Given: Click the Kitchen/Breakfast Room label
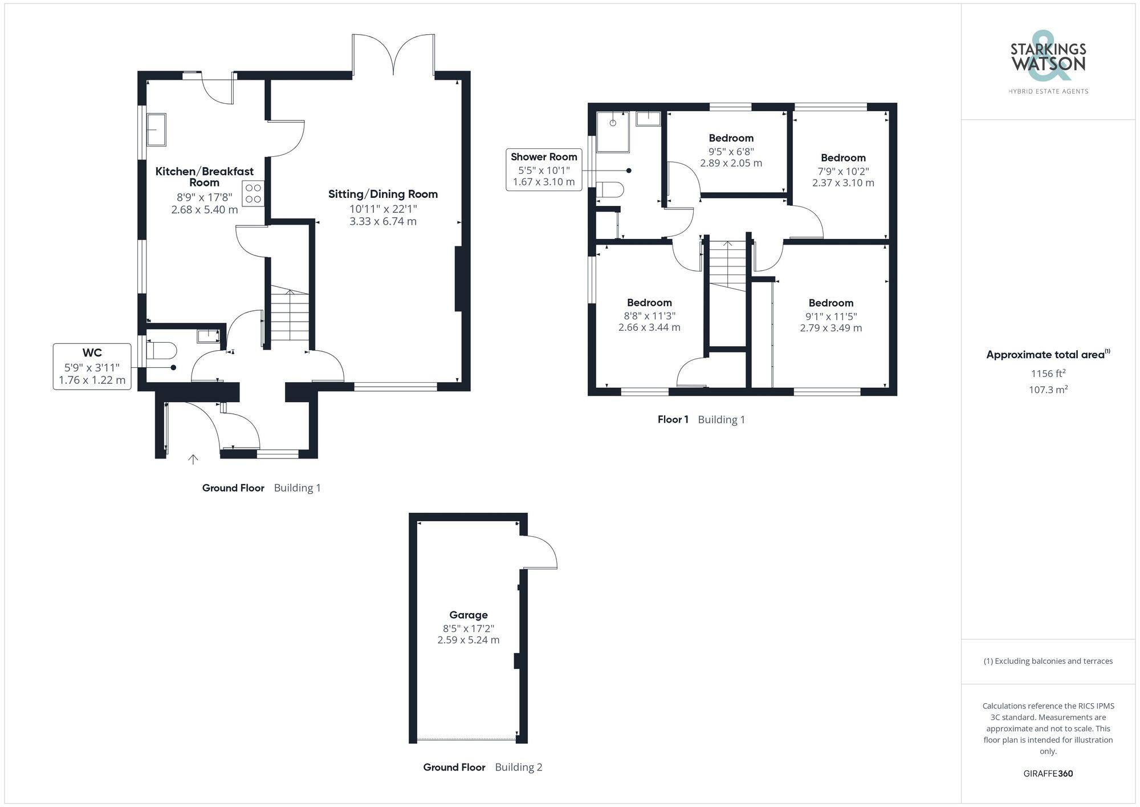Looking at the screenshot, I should click(204, 176).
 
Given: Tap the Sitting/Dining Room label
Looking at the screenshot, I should click(383, 194).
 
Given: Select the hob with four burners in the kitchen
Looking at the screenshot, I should click(253, 193).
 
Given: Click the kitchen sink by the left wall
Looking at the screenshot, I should click(156, 129).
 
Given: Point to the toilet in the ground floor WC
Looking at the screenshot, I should click(159, 350).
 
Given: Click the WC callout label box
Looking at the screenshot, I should click(92, 366).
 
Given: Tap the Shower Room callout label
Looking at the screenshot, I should click(544, 169).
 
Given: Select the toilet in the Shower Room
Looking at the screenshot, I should click(608, 190).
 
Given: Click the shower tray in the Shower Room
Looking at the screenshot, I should click(613, 132).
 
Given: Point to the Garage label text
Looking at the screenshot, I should click(469, 615).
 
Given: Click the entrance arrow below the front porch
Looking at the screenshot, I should click(193, 459).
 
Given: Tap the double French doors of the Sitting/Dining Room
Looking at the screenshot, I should click(394, 55).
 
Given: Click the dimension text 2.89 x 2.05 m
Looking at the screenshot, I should click(731, 163).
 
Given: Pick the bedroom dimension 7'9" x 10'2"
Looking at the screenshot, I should click(843, 171).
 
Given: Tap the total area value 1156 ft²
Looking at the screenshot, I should click(1048, 374).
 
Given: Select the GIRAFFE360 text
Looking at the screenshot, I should click(1048, 774).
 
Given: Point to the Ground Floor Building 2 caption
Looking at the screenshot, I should click(483, 767).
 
